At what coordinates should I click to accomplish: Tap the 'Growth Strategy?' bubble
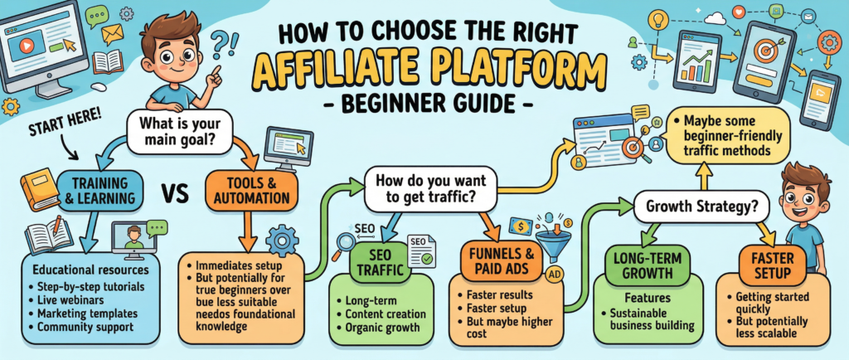(695, 203)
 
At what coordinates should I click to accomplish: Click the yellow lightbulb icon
(656, 18)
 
